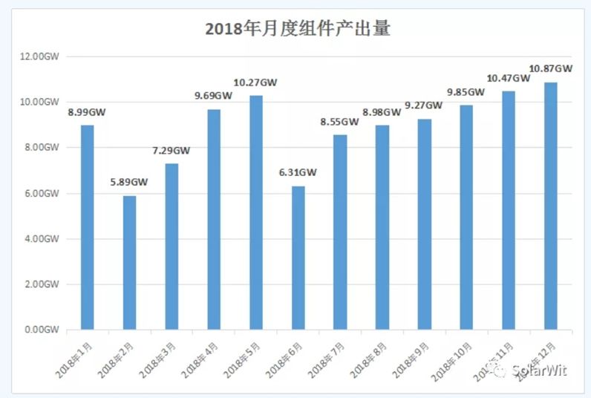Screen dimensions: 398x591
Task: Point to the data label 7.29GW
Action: coord(172,151)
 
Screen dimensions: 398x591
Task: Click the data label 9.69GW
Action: coord(214,96)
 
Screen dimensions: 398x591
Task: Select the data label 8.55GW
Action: coord(340,122)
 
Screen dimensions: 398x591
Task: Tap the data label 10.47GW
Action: coord(507,78)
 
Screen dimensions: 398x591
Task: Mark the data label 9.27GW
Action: coord(423,105)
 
